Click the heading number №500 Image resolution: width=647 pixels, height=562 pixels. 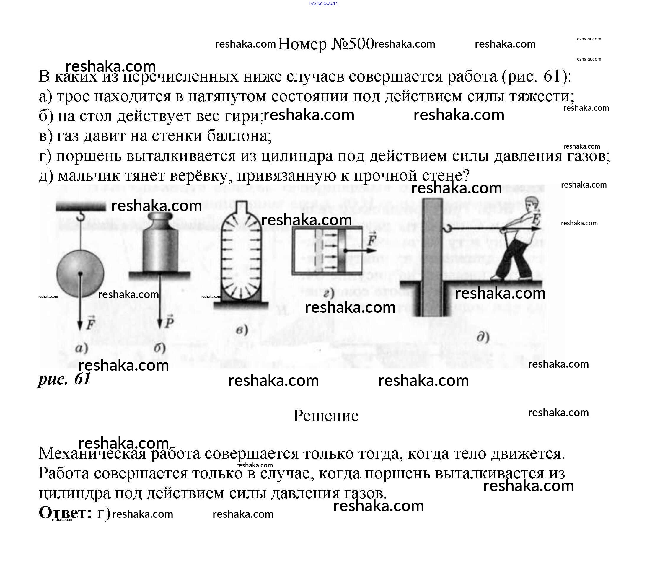pyautogui.click(x=352, y=44)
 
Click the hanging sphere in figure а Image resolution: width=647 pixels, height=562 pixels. pyautogui.click(x=80, y=273)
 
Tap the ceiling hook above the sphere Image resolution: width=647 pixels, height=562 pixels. pyautogui.click(x=81, y=216)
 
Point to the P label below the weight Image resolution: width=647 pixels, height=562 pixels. pyautogui.click(x=170, y=321)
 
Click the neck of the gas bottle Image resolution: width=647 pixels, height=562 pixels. pyautogui.click(x=241, y=207)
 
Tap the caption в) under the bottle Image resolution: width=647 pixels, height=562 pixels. pyautogui.click(x=242, y=330)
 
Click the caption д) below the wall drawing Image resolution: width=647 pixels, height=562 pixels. pyautogui.click(x=483, y=338)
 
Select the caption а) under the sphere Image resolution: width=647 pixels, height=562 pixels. pyautogui.click(x=82, y=348)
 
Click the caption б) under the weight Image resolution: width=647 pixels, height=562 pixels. pyautogui.click(x=160, y=348)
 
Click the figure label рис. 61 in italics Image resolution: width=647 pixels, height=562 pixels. pyautogui.click(x=64, y=379)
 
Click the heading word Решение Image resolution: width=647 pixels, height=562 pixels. pyautogui.click(x=325, y=416)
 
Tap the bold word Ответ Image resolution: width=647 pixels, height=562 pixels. pyautogui.click(x=65, y=512)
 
